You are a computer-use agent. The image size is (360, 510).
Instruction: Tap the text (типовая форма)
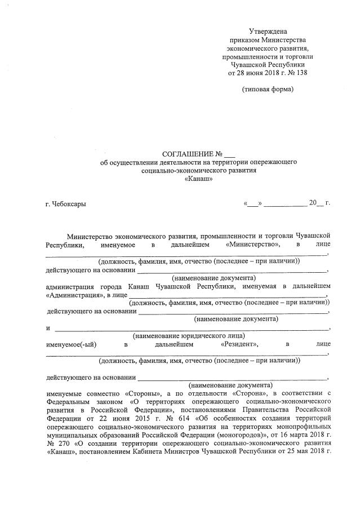(268, 90)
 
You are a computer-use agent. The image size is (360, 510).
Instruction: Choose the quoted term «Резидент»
(240, 343)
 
